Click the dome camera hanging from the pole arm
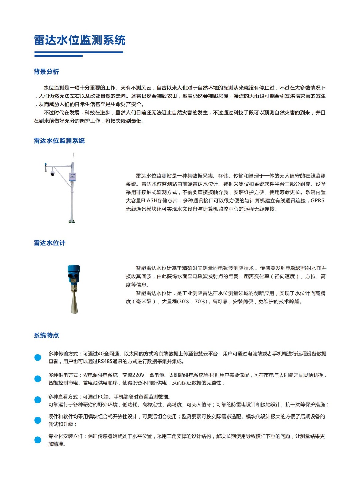pos(52,173)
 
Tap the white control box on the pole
pos(72,177)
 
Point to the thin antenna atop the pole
pos(73,158)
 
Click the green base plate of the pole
pos(71,222)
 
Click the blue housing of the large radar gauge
pos(74,273)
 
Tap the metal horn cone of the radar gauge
pos(74,302)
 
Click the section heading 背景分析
pos(46,72)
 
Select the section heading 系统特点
pos(46,335)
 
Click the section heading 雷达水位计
pos(49,243)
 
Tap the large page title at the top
pos(80,40)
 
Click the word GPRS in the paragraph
pos(318,201)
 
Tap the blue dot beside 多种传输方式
pos(38,357)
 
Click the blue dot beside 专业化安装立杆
pos(38,440)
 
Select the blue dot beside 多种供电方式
pos(38,379)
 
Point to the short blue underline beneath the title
pos(58,56)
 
